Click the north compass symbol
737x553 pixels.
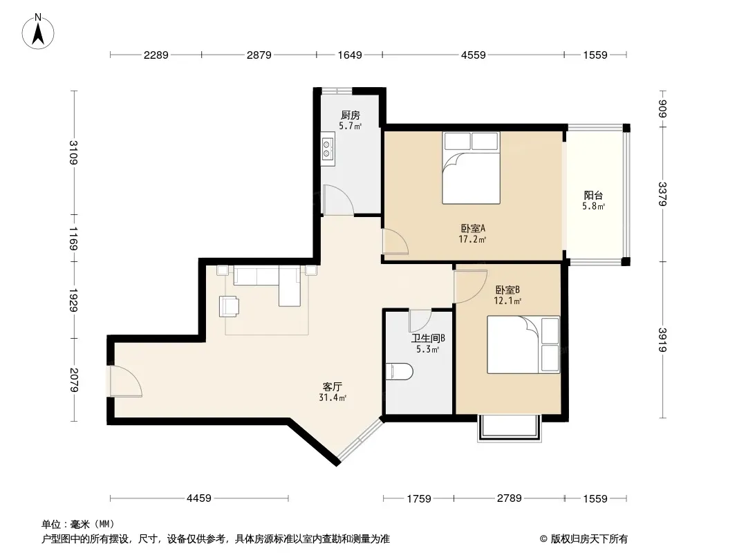38,32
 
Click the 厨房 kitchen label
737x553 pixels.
350,115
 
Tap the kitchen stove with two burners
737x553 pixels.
328,148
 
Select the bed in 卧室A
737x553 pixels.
471,168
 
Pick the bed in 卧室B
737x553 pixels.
523,345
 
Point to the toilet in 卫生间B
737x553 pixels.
399,372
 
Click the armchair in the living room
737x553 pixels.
229,306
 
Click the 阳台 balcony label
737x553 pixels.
593,195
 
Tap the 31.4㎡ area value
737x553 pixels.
333,398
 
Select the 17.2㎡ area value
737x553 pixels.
472,239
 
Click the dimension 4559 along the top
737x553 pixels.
473,55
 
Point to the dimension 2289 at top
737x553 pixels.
156,55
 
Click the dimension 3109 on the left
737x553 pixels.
73,152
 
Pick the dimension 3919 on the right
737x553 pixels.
662,339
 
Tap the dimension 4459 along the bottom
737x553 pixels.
199,498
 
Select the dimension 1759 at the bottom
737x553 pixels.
418,498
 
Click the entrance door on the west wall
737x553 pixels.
126,381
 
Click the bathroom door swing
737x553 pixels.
420,321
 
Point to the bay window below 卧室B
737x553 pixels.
510,428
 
